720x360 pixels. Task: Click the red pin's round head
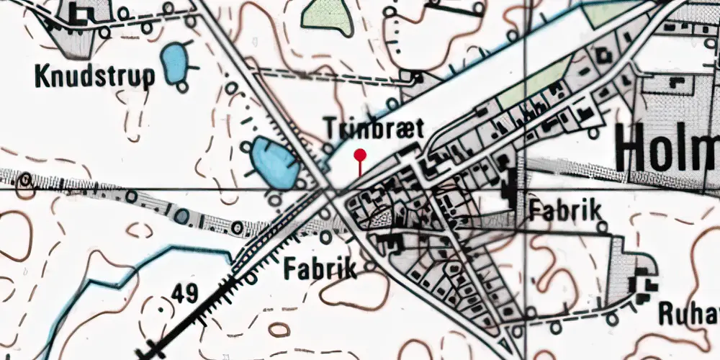point(360,155)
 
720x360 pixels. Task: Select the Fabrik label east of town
point(564,210)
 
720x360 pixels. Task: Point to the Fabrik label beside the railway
point(320,269)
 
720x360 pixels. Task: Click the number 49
point(184,292)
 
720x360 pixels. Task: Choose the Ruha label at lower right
point(688,315)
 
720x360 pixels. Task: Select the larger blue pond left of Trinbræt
point(274,161)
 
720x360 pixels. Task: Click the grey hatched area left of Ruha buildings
point(618,274)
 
